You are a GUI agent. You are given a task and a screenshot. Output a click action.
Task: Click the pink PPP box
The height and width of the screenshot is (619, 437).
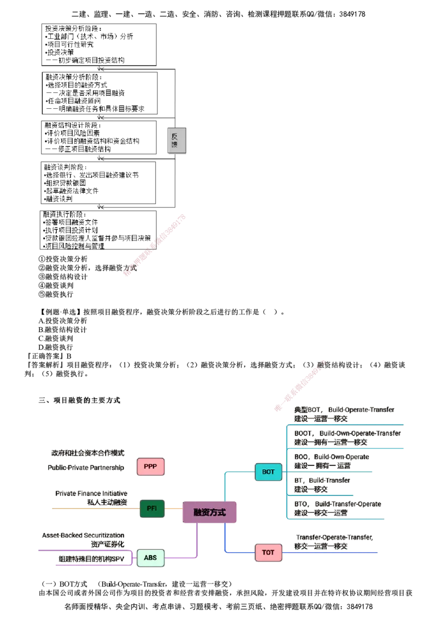(x=150, y=467)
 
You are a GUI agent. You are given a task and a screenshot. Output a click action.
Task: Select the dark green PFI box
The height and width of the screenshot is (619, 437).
(x=152, y=509)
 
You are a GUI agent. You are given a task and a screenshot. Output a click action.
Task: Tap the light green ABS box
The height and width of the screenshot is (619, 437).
(x=150, y=558)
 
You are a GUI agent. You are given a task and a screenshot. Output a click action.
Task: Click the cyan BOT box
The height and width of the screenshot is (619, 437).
(x=268, y=471)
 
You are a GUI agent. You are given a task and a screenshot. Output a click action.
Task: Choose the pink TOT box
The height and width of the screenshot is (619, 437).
(x=268, y=552)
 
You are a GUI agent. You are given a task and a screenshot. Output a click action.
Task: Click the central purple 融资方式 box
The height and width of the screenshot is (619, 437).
(x=209, y=512)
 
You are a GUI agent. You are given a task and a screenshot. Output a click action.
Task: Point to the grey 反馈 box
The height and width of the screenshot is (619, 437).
(x=177, y=142)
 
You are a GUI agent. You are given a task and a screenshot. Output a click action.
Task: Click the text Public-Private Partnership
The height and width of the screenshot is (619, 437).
(x=87, y=468)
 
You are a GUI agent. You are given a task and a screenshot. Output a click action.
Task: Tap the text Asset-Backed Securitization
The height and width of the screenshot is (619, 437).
(x=84, y=535)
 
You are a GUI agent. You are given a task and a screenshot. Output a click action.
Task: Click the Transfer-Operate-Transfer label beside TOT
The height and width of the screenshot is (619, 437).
(x=335, y=538)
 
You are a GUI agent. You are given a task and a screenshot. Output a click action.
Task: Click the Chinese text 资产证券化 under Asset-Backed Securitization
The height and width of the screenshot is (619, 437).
(x=108, y=544)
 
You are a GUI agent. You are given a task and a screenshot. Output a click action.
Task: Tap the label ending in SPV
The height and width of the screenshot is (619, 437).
(x=93, y=559)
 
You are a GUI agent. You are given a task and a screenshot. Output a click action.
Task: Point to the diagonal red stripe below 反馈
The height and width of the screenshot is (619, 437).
(x=156, y=246)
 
